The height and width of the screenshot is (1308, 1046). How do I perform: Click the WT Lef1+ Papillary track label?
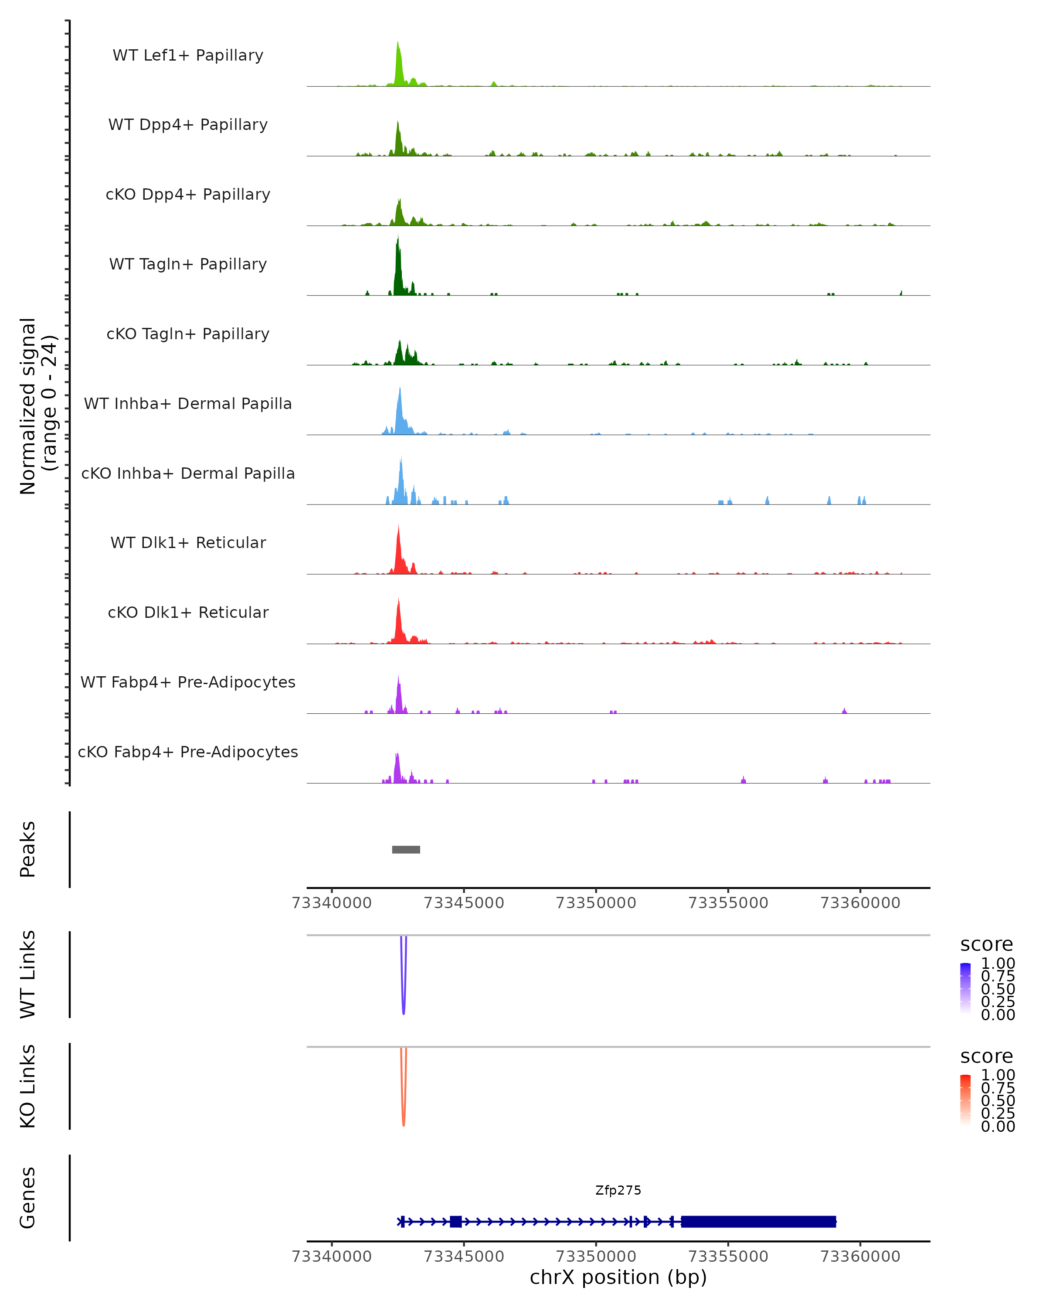coord(188,55)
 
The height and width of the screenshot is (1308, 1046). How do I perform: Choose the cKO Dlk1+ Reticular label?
coord(188,612)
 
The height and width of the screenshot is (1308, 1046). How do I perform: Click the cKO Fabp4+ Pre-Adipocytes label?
coord(188,752)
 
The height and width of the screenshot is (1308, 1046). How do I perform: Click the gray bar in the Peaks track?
coord(406,849)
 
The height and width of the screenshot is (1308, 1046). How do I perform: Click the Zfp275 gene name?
coord(618,1190)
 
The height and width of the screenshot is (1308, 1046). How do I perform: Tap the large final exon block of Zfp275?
coord(758,1221)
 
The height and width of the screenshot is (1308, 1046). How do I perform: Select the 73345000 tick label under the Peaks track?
coord(464,903)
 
